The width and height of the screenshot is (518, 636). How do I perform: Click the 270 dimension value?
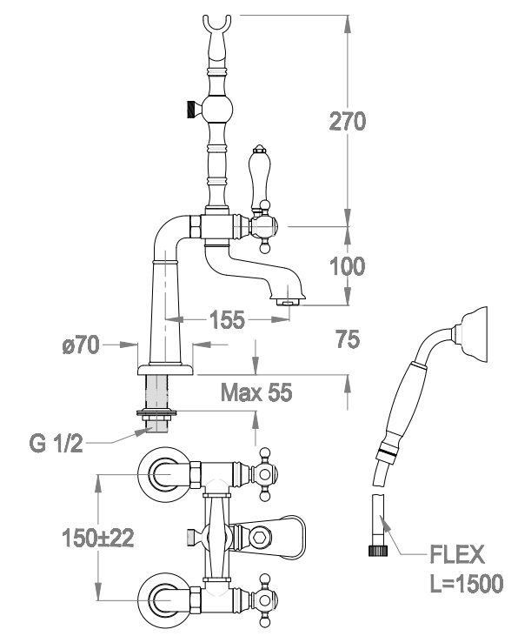coord(348,121)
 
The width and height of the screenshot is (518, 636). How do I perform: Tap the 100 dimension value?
coord(347,266)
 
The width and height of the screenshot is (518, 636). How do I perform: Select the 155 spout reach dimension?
coord(228,319)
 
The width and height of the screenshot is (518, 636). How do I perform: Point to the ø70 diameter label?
coord(81,345)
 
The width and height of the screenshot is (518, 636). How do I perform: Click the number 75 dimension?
coord(348,338)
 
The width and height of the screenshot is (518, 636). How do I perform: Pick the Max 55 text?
coord(256,392)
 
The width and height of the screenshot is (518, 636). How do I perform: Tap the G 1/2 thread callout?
coord(56,444)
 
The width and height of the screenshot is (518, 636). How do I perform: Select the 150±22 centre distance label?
coord(97,539)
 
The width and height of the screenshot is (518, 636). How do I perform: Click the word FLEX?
coord(457,554)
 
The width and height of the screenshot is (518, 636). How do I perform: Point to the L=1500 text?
coord(466,583)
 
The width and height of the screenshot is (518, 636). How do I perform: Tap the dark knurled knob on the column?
coord(191,109)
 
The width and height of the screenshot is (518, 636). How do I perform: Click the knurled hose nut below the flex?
coord(377,550)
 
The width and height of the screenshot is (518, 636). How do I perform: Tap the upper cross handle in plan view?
coord(264,474)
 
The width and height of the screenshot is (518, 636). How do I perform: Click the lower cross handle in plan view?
coord(264,600)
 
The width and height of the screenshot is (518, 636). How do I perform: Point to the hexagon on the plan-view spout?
coord(258,538)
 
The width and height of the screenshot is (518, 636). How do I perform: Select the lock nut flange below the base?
coord(156,413)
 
